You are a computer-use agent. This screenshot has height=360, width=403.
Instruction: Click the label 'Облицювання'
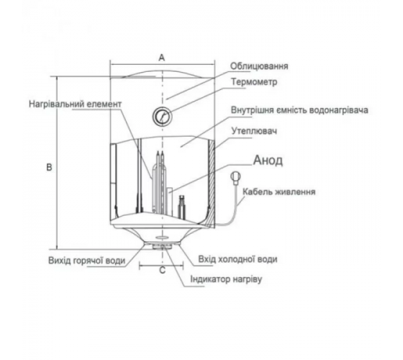pyautogui.click(x=259, y=66)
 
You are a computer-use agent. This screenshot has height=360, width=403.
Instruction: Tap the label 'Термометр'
pyautogui.click(x=255, y=82)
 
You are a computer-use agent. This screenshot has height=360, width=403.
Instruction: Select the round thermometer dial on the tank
pyautogui.click(x=162, y=116)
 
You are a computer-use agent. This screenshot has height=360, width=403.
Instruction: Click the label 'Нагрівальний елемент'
pyautogui.click(x=75, y=104)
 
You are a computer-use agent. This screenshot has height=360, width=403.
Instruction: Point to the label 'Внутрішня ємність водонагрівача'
pyautogui.click(x=299, y=110)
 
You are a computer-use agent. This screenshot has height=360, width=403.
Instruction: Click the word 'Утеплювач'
pyautogui.click(x=254, y=131)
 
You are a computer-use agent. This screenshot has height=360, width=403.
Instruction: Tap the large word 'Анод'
pyautogui.click(x=268, y=161)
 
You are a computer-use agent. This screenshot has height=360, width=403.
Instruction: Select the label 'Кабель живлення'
pyautogui.click(x=279, y=192)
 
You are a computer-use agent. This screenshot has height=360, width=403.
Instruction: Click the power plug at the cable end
pyautogui.click(x=236, y=177)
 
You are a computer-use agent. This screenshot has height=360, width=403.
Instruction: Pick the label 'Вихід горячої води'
pyautogui.click(x=87, y=261)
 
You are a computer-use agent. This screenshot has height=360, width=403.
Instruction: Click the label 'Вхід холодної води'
pyautogui.click(x=237, y=259)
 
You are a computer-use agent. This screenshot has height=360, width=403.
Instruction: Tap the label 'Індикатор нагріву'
pyautogui.click(x=226, y=279)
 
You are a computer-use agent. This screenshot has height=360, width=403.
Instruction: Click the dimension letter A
pyautogui.click(x=162, y=58)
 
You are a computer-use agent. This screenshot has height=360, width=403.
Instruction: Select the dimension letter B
pyautogui.click(x=49, y=167)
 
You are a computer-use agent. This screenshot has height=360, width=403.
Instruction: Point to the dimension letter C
pyautogui.click(x=163, y=271)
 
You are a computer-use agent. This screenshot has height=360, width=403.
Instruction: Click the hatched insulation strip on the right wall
pyautogui.click(x=212, y=184)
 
